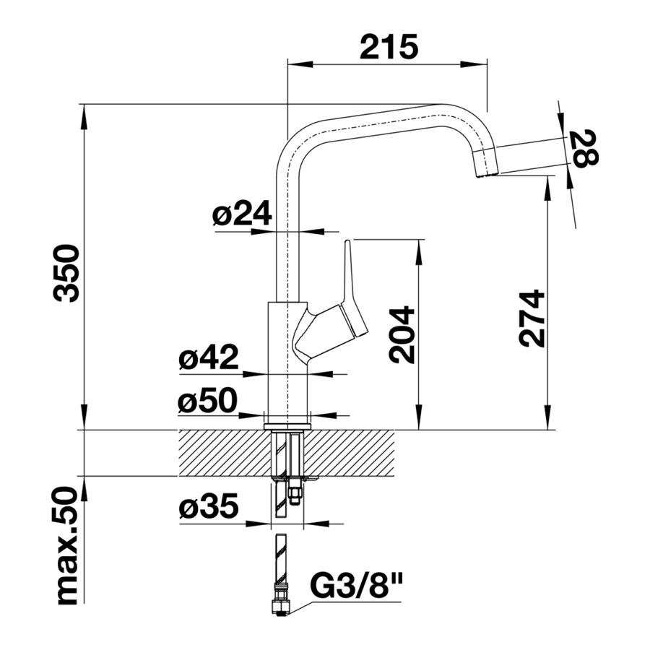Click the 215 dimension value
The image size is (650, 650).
pyautogui.click(x=389, y=47)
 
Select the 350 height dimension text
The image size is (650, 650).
pyautogui.click(x=66, y=273)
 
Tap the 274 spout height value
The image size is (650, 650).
pyautogui.click(x=532, y=318)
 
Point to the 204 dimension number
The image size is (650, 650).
pyautogui.click(x=402, y=335)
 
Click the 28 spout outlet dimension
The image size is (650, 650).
pyautogui.click(x=584, y=148)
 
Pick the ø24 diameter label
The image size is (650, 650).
pyautogui.click(x=242, y=214)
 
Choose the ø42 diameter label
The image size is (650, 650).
pyautogui.click(x=209, y=357)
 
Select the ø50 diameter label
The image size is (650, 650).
pyautogui.click(x=208, y=401)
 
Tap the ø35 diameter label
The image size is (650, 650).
pyautogui.click(x=209, y=506)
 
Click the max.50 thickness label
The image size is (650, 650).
pyautogui.click(x=66, y=546)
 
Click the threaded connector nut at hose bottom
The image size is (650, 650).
pyautogui.click(x=281, y=604)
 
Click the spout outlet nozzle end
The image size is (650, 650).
pyautogui.click(x=486, y=175)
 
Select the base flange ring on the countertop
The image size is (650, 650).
pyautogui.click(x=287, y=427)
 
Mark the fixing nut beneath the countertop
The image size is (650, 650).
pyautogui.click(x=295, y=497)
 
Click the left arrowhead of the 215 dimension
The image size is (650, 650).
pyautogui.click(x=300, y=64)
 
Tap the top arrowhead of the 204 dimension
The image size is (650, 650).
pyautogui.click(x=420, y=252)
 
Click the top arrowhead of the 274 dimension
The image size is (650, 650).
pyautogui.click(x=549, y=188)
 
